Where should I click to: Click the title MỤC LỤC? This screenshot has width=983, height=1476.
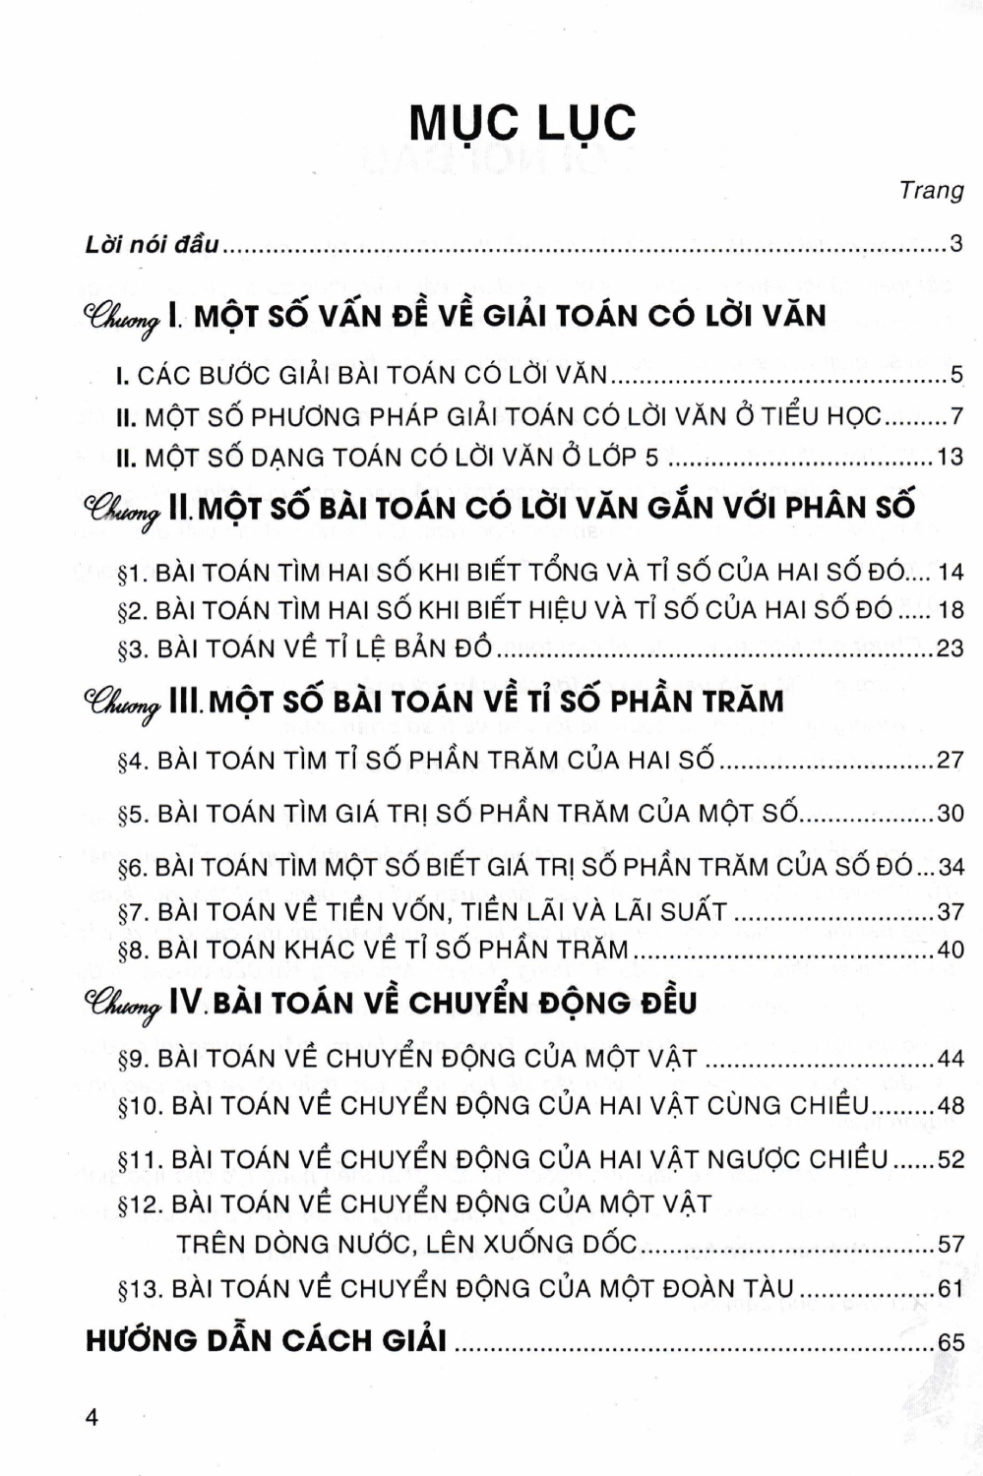[522, 123]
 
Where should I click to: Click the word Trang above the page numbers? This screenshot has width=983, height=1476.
[931, 190]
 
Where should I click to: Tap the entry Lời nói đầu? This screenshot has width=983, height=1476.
[153, 244]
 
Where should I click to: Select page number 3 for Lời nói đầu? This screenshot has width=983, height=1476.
[955, 244]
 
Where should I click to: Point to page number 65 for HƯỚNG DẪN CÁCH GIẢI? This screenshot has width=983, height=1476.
[951, 1342]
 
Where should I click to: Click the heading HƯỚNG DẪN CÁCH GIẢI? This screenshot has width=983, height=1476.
[266, 1340]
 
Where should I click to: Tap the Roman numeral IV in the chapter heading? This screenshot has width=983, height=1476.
[185, 1003]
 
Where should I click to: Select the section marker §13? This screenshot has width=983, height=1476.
[140, 1289]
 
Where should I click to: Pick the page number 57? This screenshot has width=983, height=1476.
[951, 1244]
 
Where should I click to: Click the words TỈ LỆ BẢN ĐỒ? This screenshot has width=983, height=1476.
[400, 649]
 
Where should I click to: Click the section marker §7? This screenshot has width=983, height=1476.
[132, 912]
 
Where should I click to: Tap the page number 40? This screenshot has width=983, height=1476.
[951, 951]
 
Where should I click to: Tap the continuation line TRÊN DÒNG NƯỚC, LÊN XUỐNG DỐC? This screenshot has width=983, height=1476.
[407, 1244]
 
